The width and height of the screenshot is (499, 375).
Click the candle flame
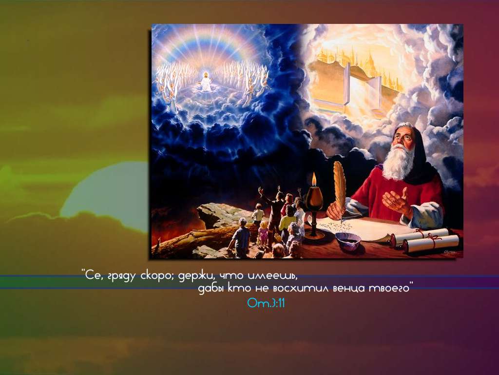[x=314, y=179]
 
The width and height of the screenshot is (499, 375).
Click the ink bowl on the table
[x=348, y=240]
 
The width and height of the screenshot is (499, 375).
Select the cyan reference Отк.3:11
[x=266, y=303]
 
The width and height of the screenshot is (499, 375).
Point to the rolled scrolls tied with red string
[x=424, y=240]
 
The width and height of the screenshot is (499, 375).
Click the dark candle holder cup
[x=314, y=197]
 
